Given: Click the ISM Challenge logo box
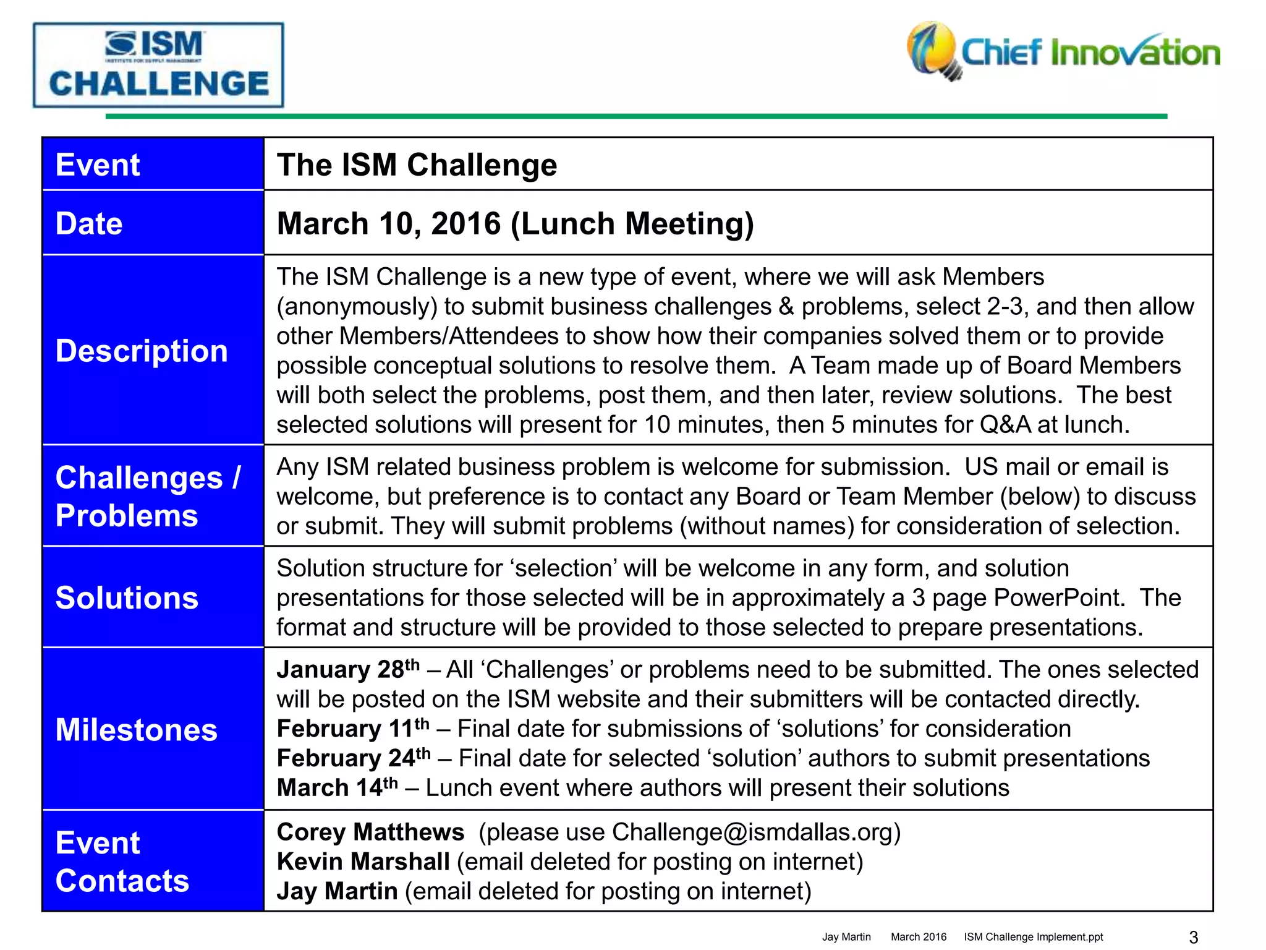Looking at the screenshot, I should point(158,66).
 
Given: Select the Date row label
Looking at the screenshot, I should point(90,223).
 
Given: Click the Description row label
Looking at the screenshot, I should point(142,351).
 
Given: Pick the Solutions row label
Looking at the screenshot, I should point(127,598).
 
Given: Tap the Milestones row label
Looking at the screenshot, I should point(137,730).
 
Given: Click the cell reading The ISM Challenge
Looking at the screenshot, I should point(417,165).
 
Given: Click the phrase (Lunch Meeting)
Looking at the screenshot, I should point(632,224).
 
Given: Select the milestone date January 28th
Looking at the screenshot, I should point(348,669).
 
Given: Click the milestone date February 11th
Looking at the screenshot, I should point(353,729).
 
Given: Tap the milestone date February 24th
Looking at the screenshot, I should point(354,758).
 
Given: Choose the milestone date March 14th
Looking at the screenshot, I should point(337,787).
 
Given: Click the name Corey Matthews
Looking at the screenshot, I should point(370,832).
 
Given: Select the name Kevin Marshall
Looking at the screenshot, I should point(363,862).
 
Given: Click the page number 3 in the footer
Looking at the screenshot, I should point(1194,937).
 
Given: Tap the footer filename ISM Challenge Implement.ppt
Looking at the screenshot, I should point(1033,937).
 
